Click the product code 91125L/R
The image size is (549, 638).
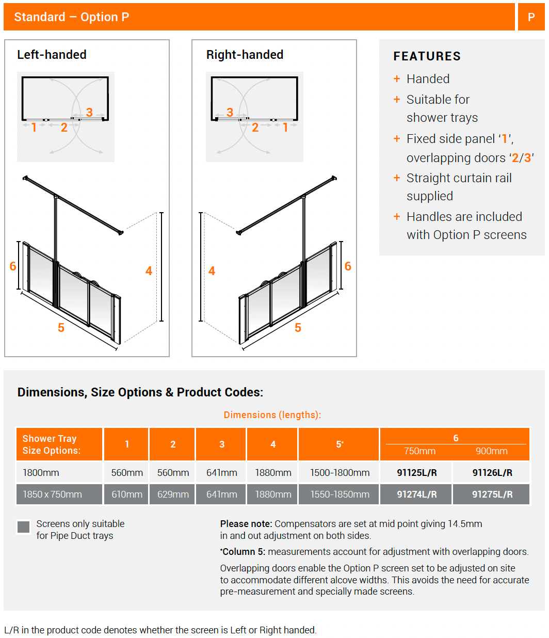[x=416, y=472]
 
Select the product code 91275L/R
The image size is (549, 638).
[x=492, y=494]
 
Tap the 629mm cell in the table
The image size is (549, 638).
[x=173, y=494]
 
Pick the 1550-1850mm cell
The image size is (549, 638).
[x=340, y=494]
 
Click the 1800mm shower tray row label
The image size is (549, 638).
[x=41, y=472]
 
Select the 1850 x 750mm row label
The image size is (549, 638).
[x=52, y=494]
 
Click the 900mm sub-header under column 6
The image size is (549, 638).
[x=491, y=451]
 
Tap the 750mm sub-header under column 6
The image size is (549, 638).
[x=419, y=451]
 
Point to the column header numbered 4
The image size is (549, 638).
[x=273, y=444]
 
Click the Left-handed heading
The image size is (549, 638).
[x=52, y=55]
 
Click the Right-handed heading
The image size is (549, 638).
[x=245, y=55]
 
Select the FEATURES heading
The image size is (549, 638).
[x=427, y=56]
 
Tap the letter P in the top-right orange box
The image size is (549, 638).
[x=531, y=17]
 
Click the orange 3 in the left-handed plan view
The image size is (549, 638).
[x=89, y=112]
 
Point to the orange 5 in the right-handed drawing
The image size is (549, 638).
[x=298, y=328]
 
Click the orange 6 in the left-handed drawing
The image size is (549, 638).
[x=13, y=266]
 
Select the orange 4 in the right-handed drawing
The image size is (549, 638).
[x=212, y=271]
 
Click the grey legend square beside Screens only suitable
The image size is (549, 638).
[x=24, y=527]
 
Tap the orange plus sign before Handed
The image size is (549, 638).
[x=397, y=79]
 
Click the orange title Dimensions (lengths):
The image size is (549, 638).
[x=272, y=415]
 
